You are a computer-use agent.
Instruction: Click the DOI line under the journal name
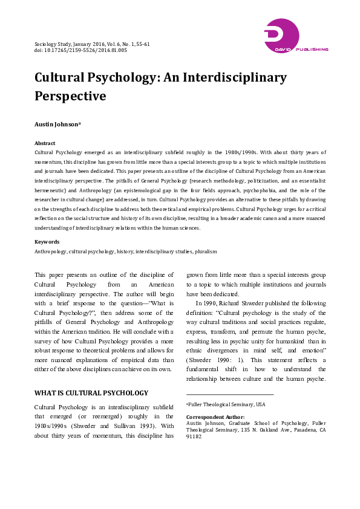[80, 51]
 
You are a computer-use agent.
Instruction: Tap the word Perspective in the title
[70, 96]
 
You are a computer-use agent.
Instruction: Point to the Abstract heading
[45, 144]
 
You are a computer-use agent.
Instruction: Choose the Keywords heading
[47, 242]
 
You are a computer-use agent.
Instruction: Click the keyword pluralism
[203, 251]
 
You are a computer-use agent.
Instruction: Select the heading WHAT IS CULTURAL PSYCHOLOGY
[91, 376]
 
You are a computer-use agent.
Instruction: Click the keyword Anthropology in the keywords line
[50, 251]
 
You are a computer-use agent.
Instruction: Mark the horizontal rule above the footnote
[229, 394]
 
